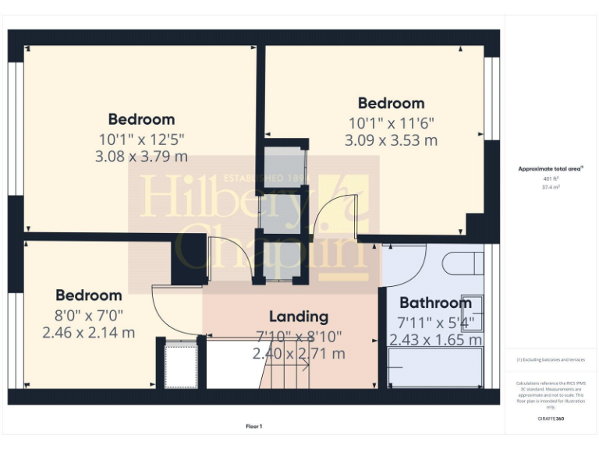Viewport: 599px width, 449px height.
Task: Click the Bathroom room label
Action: point(435,302)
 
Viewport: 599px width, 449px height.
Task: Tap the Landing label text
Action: point(299,316)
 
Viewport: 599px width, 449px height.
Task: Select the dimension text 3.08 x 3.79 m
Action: point(141,156)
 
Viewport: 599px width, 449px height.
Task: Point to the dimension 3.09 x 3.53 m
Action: point(391,140)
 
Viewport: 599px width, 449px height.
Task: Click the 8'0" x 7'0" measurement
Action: point(89,315)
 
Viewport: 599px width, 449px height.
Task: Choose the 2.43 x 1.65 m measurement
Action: point(435,340)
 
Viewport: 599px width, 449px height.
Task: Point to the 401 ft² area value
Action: point(551,179)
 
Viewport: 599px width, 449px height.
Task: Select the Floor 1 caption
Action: point(253,426)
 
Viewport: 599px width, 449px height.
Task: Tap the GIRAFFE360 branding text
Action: point(551,419)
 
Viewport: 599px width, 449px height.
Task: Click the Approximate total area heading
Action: point(551,168)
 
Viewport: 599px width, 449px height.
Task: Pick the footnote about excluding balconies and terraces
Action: point(551,359)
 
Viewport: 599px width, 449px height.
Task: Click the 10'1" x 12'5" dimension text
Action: point(141,139)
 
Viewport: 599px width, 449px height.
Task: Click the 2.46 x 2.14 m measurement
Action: point(89,332)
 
